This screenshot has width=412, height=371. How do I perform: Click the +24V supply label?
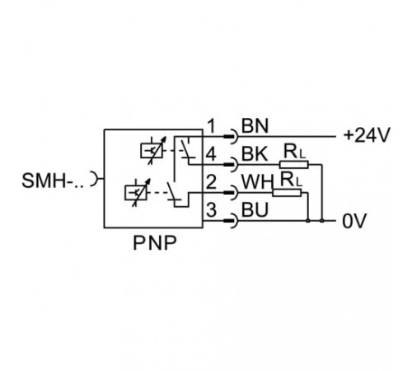[x=367, y=135]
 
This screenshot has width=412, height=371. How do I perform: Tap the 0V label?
[x=354, y=221]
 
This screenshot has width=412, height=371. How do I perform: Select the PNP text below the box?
[x=155, y=243]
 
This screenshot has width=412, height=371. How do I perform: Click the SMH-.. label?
[x=53, y=181]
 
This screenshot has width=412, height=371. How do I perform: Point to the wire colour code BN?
[x=255, y=126]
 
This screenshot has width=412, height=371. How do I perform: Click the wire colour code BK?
[x=255, y=154]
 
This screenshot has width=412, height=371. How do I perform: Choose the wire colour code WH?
[x=258, y=182]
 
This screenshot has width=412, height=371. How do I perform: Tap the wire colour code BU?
[x=255, y=210]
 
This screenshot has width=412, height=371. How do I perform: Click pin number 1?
[x=211, y=126]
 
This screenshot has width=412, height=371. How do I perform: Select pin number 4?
[x=211, y=154]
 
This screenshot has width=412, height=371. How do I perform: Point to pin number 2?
[x=211, y=182]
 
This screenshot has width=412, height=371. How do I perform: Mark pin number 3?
[x=211, y=210]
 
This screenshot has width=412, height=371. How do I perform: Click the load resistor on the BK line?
[x=294, y=165]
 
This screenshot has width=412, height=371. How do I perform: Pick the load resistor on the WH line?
[x=287, y=193]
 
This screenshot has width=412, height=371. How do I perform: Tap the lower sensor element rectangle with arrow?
[x=138, y=192]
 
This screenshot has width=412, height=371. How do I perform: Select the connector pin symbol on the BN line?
[x=231, y=137]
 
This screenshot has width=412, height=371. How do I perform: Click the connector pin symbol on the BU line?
[x=231, y=221]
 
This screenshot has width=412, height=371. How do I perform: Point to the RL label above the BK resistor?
[x=294, y=152]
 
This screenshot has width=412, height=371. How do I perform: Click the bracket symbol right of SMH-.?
[x=95, y=179]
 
